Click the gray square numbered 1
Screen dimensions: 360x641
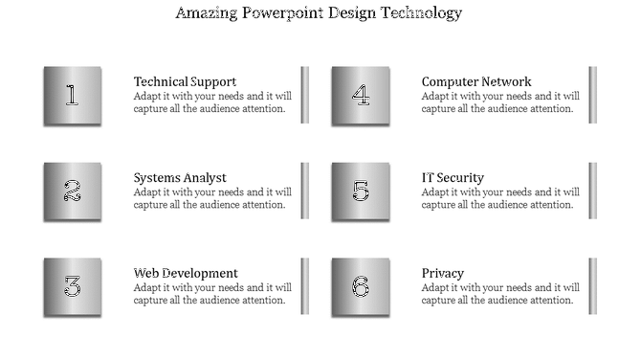click(72, 95)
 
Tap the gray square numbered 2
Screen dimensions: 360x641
click(72, 191)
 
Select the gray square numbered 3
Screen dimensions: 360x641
click(72, 286)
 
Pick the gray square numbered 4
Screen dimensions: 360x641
click(361, 95)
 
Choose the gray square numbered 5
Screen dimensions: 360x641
click(361, 191)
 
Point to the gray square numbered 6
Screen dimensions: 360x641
click(361, 286)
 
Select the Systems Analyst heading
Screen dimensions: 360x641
click(180, 177)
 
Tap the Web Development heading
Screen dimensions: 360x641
click(186, 273)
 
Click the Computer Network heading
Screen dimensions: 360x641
click(476, 81)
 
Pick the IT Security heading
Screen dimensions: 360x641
click(453, 177)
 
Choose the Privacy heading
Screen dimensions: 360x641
click(443, 273)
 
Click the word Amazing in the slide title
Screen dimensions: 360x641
click(209, 13)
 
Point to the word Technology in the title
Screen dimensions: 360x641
click(424, 13)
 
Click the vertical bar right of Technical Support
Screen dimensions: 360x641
click(305, 95)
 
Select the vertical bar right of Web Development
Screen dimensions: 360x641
click(305, 286)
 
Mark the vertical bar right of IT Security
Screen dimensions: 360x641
click(592, 191)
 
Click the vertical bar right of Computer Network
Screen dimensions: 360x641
click(592, 95)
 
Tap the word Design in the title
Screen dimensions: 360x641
click(354, 13)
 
